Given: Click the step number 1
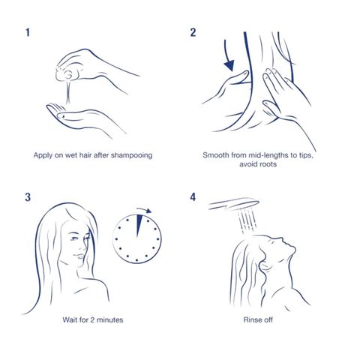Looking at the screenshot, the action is coord(28,32).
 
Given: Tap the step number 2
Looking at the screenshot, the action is coord(193,32).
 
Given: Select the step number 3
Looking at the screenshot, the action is coord(28,197).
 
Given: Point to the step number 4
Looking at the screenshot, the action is coord(193,197).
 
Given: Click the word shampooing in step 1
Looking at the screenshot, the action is coord(131,155).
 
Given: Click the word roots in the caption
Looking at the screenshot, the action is coord(268,164).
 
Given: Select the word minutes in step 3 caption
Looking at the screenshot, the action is coord(109,319).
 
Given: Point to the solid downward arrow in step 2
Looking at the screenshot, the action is coord(229,56).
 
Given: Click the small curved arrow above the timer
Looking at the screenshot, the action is coord(144,210).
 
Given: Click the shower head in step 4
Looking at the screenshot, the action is coord(233,204).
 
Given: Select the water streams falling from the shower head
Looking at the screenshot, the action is coord(247,220).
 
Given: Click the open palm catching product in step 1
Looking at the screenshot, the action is coord(85,118).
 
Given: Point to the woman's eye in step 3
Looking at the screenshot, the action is coord(74,238).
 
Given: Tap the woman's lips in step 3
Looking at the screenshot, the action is coord(80,256).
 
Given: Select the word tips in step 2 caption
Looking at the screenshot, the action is coord(306,155).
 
